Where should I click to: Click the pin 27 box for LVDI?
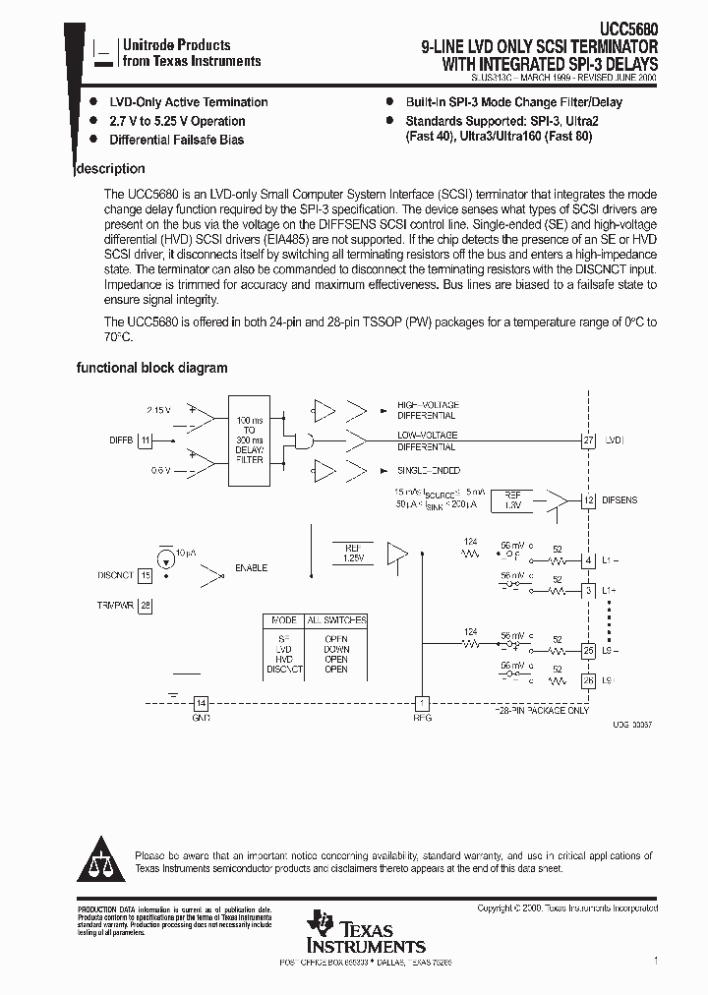click(x=588, y=440)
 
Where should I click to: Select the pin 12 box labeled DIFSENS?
click(x=588, y=500)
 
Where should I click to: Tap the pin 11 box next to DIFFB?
click(x=146, y=440)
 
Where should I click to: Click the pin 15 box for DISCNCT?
click(x=146, y=575)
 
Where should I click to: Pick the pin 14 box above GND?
click(x=201, y=704)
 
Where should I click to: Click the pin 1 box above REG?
click(x=423, y=704)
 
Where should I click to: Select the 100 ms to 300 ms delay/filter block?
click(x=250, y=440)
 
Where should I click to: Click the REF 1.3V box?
click(x=511, y=500)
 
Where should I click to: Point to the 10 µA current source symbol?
click(x=166, y=556)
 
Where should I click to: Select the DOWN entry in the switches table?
click(x=336, y=649)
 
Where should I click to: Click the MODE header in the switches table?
click(x=283, y=620)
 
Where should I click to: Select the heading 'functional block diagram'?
click(x=152, y=368)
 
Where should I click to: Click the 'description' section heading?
click(x=111, y=169)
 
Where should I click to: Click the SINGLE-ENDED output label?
click(x=428, y=471)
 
